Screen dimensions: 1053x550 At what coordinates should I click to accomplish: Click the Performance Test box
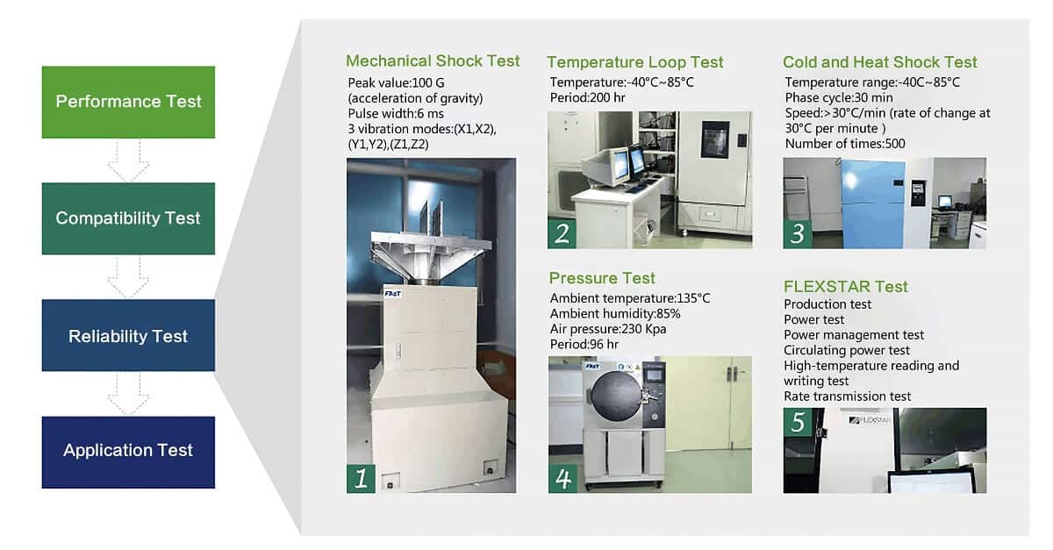pyautogui.click(x=128, y=102)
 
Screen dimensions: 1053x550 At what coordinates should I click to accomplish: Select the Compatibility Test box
pyautogui.click(x=128, y=218)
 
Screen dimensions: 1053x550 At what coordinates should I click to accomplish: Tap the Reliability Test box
pyautogui.click(x=128, y=336)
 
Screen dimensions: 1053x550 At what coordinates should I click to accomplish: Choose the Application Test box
pyautogui.click(x=128, y=453)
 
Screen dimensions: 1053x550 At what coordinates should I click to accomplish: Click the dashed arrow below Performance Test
pyautogui.click(x=128, y=161)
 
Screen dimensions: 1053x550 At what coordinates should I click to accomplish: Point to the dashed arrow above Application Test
pyautogui.click(x=128, y=394)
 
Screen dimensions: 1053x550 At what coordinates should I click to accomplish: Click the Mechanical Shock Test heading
pyautogui.click(x=433, y=61)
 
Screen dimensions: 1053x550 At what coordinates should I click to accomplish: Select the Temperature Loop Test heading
pyautogui.click(x=634, y=62)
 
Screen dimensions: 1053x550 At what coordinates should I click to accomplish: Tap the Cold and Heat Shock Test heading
pyautogui.click(x=879, y=62)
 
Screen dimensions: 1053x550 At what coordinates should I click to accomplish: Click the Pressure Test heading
pyautogui.click(x=602, y=278)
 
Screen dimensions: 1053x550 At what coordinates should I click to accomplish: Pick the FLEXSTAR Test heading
pyautogui.click(x=845, y=286)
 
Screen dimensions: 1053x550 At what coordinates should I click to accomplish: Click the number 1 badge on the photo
pyautogui.click(x=361, y=479)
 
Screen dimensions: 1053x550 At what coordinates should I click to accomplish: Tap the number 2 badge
pyautogui.click(x=562, y=233)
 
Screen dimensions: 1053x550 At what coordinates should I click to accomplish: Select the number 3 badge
pyautogui.click(x=798, y=233)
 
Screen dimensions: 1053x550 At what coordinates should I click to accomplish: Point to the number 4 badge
pyautogui.click(x=562, y=479)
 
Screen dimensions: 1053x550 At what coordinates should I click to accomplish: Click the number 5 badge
pyautogui.click(x=798, y=422)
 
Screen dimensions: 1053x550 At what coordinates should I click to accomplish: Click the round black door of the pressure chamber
pyautogui.click(x=617, y=396)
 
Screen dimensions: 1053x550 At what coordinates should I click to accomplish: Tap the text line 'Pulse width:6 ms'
pyautogui.click(x=396, y=114)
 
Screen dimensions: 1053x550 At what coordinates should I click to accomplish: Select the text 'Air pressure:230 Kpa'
pyautogui.click(x=608, y=329)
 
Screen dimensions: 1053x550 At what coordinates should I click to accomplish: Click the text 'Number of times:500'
pyautogui.click(x=845, y=144)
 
